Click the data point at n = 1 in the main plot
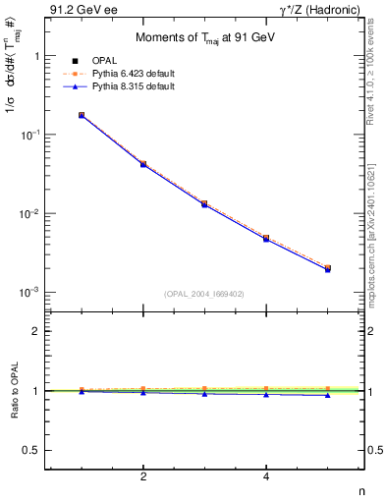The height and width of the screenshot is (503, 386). pos(82,115)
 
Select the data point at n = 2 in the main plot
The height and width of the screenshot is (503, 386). pos(143,164)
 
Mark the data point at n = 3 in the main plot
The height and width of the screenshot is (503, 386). pos(204,203)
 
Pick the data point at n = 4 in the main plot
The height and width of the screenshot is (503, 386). pos(266,238)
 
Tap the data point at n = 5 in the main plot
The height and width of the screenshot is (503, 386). pos(328,268)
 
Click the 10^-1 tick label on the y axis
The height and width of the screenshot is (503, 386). pos(31,135)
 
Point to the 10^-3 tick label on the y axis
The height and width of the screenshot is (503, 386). pos(31,293)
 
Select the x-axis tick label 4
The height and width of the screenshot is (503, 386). pos(266,477)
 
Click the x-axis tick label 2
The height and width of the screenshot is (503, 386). pos(143,477)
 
